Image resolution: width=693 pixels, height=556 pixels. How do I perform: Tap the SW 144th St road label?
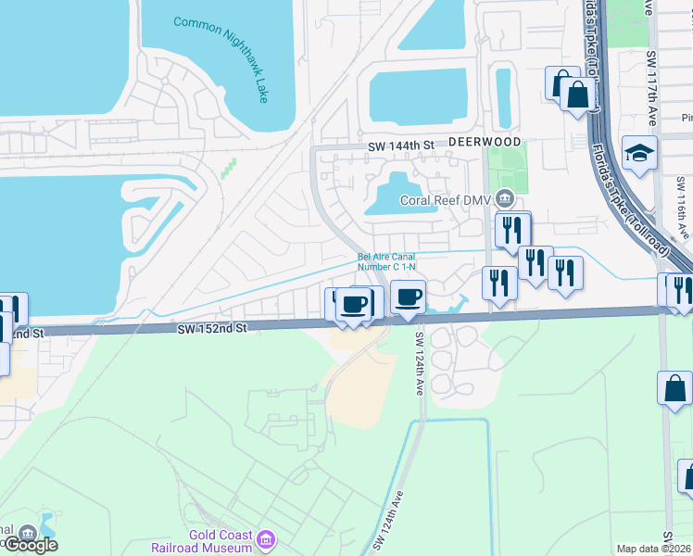point(401,146)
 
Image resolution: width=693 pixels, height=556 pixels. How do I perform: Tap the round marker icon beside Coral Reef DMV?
point(505,196)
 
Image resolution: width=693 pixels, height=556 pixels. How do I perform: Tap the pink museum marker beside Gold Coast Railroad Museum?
point(267,538)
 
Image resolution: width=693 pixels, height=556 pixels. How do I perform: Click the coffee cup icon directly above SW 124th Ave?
point(409,297)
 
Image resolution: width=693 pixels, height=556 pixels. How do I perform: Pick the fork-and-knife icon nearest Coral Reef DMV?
point(512,229)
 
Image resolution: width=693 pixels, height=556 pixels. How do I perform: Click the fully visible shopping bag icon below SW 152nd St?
point(674,387)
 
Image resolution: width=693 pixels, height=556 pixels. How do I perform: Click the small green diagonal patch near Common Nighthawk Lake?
point(227,169)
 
